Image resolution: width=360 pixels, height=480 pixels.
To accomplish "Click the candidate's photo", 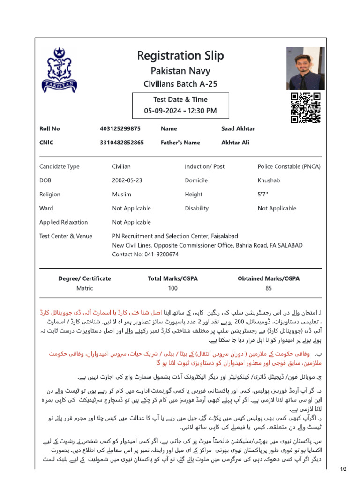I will tap(304, 70).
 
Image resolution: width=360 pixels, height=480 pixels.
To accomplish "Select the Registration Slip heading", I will tap(180, 56).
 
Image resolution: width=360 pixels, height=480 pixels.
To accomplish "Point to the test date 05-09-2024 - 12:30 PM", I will tap(180, 111).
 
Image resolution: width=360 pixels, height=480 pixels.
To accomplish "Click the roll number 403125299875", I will tap(120, 128).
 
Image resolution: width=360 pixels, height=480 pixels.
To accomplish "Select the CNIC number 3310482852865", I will tap(122, 142).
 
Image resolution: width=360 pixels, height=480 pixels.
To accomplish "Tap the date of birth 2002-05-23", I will tap(127, 180).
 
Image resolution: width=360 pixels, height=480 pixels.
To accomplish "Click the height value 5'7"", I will tap(263, 194).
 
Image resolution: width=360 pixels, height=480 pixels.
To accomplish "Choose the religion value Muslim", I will tap(121, 194).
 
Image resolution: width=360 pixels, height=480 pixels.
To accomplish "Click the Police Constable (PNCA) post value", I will tap(289, 166).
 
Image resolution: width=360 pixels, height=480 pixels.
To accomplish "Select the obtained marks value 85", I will tap(268, 288).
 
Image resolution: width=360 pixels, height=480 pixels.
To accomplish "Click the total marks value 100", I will tap(172, 288).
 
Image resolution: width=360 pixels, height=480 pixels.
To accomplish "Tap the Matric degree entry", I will tap(85, 288).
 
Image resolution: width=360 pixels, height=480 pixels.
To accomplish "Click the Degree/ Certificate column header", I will tap(85, 278).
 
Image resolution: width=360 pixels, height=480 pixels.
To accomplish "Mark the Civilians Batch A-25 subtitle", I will tap(180, 84).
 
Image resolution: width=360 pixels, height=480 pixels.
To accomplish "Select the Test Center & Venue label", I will tap(66, 236).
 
